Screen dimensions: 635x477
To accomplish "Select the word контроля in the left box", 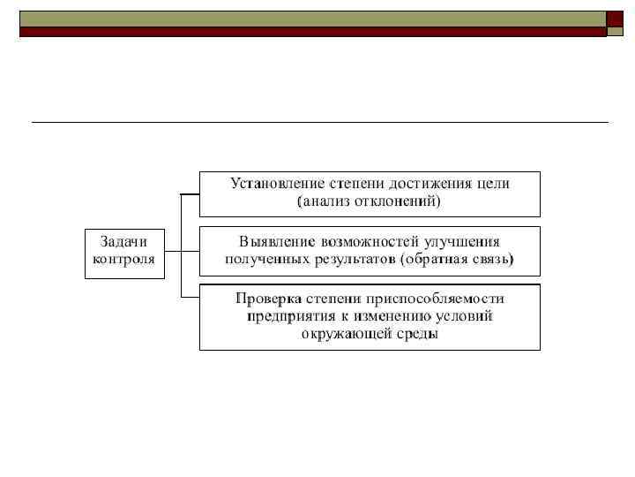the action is tap(123, 260).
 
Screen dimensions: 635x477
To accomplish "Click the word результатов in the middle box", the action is tap(346, 260).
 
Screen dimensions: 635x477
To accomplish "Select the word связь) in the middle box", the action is tap(492, 260).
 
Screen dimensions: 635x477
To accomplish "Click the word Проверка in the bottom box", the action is tap(269, 298).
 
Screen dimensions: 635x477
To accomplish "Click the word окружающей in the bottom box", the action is tap(344, 335).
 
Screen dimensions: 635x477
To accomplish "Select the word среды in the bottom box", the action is tap(415, 335).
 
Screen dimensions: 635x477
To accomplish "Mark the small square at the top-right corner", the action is tap(615, 19).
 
